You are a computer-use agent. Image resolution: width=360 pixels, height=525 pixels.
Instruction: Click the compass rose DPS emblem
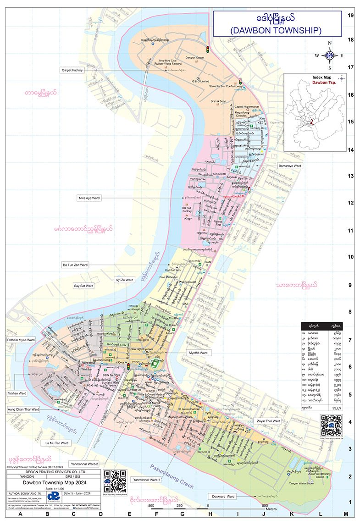(x=329, y=55)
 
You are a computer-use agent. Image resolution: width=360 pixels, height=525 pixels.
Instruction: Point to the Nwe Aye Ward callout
(x=89, y=198)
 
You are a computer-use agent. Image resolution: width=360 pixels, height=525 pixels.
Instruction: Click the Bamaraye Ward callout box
(x=290, y=165)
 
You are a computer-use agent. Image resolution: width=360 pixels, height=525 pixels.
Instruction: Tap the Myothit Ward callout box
(x=198, y=353)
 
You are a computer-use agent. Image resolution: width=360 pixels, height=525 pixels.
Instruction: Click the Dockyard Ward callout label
(x=223, y=496)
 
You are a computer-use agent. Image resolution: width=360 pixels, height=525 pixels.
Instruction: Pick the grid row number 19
(x=351, y=15)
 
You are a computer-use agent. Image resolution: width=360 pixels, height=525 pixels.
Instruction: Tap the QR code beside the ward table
(x=331, y=424)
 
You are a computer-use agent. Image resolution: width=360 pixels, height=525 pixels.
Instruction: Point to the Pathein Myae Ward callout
(x=21, y=340)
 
